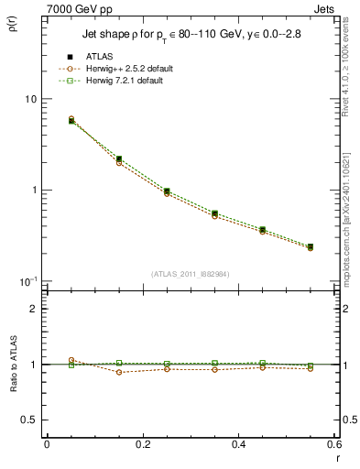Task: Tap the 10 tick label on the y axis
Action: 29,99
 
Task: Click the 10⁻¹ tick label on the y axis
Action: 27,281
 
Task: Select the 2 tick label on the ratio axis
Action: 34,309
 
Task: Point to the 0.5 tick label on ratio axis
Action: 29,420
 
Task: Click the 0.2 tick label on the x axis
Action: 143,444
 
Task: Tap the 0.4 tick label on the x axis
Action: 239,444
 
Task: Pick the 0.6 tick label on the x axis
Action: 334,444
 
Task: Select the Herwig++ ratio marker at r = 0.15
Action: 119,372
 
